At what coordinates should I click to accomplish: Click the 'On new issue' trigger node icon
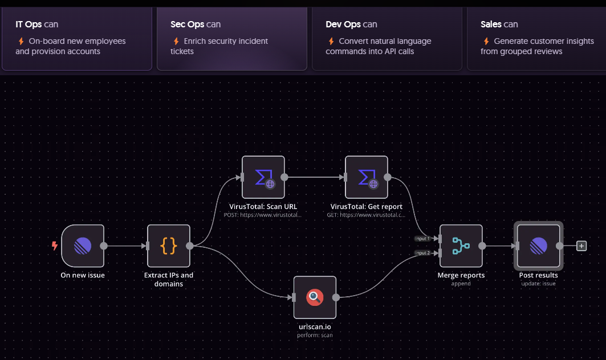[83, 246]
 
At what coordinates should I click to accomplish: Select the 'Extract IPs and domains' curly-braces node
[169, 246]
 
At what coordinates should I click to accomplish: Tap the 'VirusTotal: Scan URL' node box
[263, 177]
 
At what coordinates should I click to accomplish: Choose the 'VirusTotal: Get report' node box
[367, 177]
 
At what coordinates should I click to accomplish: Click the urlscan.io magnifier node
[315, 297]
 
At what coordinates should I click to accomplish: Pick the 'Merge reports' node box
[461, 246]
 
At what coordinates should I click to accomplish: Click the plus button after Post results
[581, 246]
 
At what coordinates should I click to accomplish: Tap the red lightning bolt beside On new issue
[55, 246]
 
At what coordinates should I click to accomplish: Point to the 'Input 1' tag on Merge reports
[423, 239]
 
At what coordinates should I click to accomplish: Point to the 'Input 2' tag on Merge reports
[423, 253]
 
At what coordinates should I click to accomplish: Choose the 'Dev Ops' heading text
[343, 24]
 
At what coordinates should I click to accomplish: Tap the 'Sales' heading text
[491, 24]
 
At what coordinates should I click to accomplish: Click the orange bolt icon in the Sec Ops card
[176, 42]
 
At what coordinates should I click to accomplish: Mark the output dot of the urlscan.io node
[336, 297]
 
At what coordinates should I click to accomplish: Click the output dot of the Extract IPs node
[190, 246]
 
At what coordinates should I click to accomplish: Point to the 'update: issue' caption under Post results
[538, 284]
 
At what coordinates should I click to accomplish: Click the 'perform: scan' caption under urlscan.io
[315, 336]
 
